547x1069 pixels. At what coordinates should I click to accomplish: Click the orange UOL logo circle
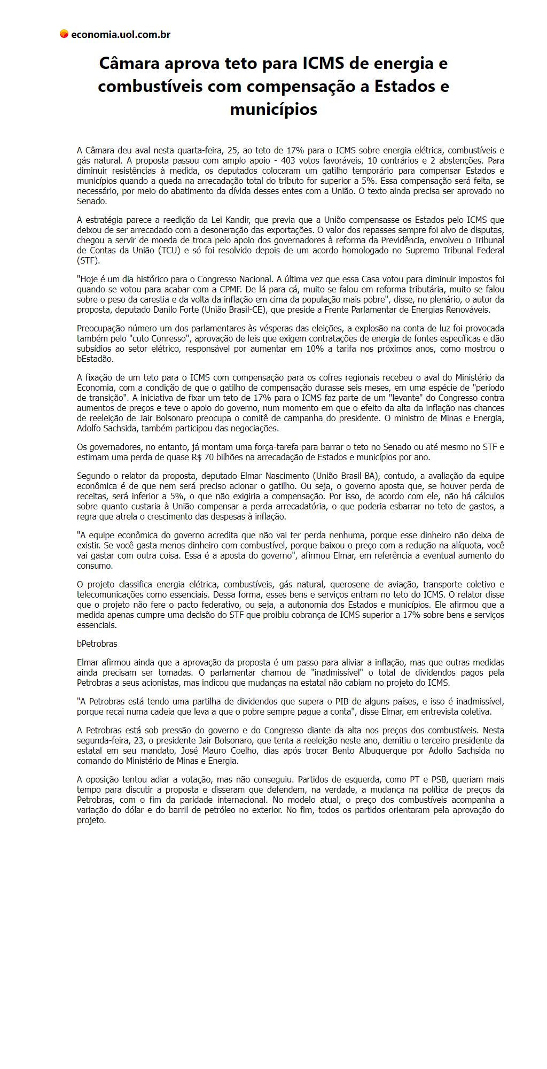64,34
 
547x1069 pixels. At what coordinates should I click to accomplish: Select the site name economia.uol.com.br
121,35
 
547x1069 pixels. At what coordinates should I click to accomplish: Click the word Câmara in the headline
129,64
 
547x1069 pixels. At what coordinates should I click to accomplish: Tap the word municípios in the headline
273,109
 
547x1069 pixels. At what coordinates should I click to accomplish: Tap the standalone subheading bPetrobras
97,644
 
